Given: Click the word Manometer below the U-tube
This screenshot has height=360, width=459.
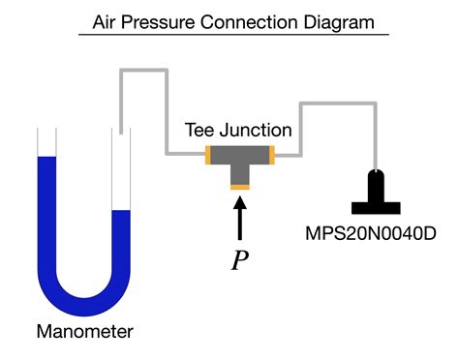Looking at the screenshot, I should click(84, 332).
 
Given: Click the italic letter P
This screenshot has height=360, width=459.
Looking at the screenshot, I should click(240, 261).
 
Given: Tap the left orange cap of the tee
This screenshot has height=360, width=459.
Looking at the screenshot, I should click(209, 153).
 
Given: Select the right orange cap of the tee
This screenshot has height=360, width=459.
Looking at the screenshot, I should click(272, 153).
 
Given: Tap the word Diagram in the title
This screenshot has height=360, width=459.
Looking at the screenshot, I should click(338, 20).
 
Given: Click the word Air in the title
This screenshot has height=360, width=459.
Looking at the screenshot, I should click(107, 20).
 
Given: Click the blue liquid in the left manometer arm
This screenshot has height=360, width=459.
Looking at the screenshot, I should click(46, 213).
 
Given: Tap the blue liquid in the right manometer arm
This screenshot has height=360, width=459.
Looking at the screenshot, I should click(121, 242).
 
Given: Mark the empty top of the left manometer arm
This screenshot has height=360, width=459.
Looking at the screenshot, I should click(46, 143).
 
